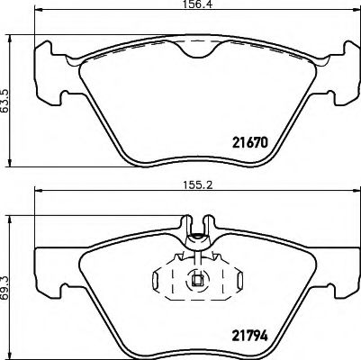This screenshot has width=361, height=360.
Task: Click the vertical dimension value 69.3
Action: point(8,279)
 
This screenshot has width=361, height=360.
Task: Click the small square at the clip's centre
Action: point(197,279)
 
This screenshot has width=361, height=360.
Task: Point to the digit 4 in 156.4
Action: point(210,7)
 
